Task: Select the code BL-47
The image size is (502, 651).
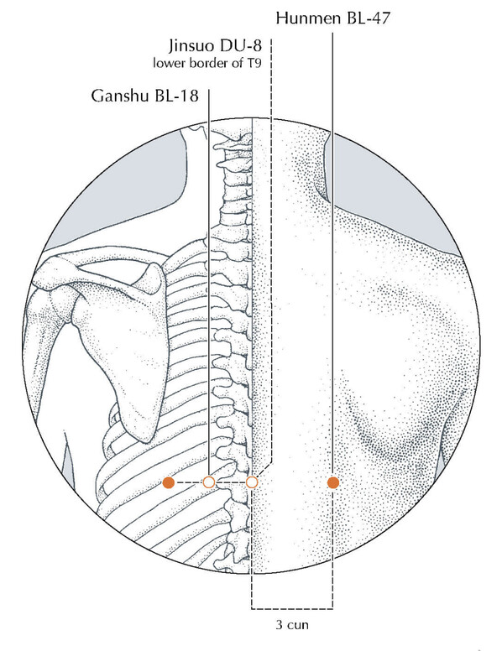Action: (x=368, y=18)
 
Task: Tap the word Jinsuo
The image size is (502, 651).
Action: (x=191, y=45)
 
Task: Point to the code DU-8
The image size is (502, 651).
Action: (x=241, y=45)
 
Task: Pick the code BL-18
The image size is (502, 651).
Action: (x=176, y=96)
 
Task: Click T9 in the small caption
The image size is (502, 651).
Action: (x=254, y=63)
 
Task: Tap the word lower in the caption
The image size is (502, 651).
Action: (x=170, y=63)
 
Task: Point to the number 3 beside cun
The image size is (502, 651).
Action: (x=279, y=624)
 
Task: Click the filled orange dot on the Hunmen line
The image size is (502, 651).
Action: (x=333, y=482)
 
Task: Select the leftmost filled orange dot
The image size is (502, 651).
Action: (x=168, y=482)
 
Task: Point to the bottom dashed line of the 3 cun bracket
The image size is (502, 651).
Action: (x=292, y=609)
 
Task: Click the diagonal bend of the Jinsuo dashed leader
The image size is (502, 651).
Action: (x=264, y=470)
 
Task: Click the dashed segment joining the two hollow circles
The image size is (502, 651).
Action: (x=230, y=482)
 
